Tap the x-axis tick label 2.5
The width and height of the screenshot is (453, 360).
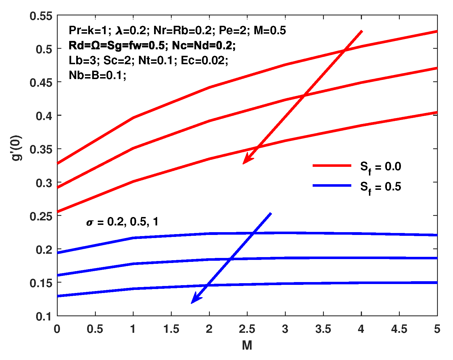click(x=247, y=329)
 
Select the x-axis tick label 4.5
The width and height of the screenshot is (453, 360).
click(x=399, y=329)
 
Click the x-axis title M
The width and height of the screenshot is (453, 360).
click(x=247, y=345)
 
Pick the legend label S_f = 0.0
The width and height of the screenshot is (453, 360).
click(x=380, y=167)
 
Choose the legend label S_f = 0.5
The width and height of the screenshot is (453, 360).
click(x=380, y=187)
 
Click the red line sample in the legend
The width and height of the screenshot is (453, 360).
click(x=332, y=166)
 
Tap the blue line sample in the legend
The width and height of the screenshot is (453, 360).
click(x=332, y=186)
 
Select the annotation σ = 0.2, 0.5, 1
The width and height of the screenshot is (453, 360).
click(x=122, y=222)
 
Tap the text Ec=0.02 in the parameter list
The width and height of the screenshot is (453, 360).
click(x=204, y=60)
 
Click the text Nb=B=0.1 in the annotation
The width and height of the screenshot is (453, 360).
click(x=97, y=75)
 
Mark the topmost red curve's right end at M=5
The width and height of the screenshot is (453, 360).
click(x=436, y=31)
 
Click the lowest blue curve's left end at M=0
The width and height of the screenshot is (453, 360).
click(x=58, y=296)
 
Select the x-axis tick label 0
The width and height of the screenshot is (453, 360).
click(x=57, y=329)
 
